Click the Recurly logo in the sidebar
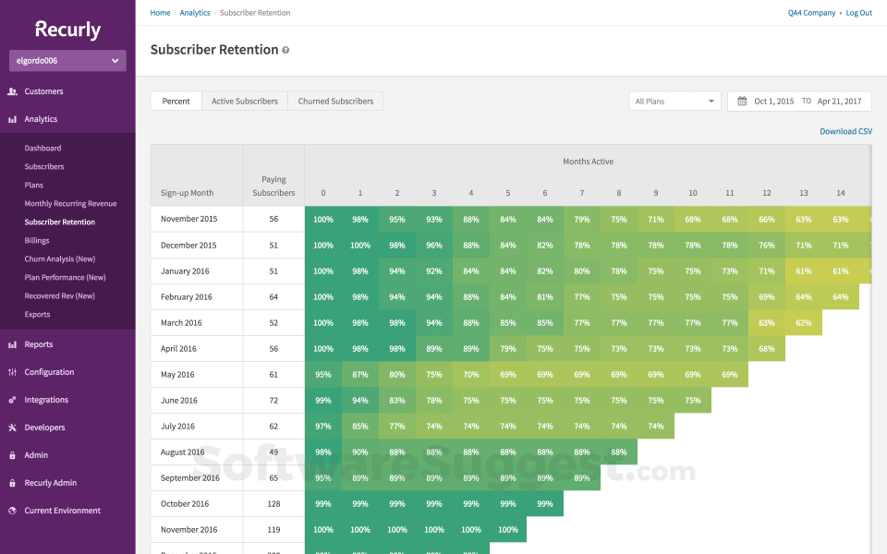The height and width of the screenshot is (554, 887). [67, 30]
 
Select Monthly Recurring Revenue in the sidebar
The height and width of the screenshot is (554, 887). [70, 203]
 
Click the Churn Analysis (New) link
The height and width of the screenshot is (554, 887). [59, 259]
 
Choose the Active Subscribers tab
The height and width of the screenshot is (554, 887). [244, 102]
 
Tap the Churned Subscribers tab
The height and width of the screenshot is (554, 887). [335, 102]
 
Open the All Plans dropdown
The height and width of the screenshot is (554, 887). [674, 102]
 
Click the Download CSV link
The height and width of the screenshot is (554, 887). [845, 131]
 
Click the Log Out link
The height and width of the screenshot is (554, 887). [858, 13]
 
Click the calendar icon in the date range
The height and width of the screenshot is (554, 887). [741, 102]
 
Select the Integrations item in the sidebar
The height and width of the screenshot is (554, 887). [46, 400]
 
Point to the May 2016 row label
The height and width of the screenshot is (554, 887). [177, 375]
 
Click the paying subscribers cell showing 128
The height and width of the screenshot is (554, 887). [273, 504]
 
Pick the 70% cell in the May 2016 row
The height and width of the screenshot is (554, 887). [471, 375]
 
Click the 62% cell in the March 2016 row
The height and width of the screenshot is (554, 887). [804, 323]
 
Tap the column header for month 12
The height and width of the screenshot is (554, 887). [767, 193]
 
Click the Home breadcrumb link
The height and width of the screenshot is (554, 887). [160, 13]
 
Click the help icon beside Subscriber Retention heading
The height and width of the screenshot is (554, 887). [286, 50]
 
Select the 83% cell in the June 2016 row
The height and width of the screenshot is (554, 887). [397, 401]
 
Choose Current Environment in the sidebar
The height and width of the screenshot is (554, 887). [62, 511]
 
